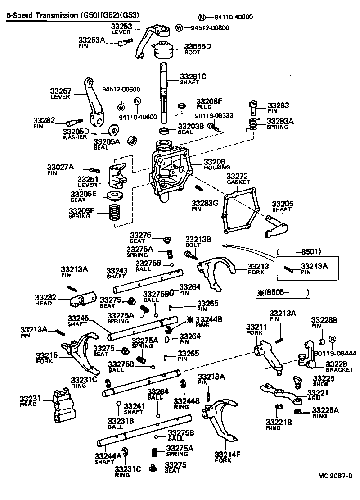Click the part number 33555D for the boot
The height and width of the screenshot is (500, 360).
(198, 46)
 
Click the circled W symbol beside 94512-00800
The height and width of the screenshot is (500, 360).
(180, 28)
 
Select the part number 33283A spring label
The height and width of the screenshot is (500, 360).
(279, 121)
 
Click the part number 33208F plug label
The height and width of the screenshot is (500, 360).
(209, 101)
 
